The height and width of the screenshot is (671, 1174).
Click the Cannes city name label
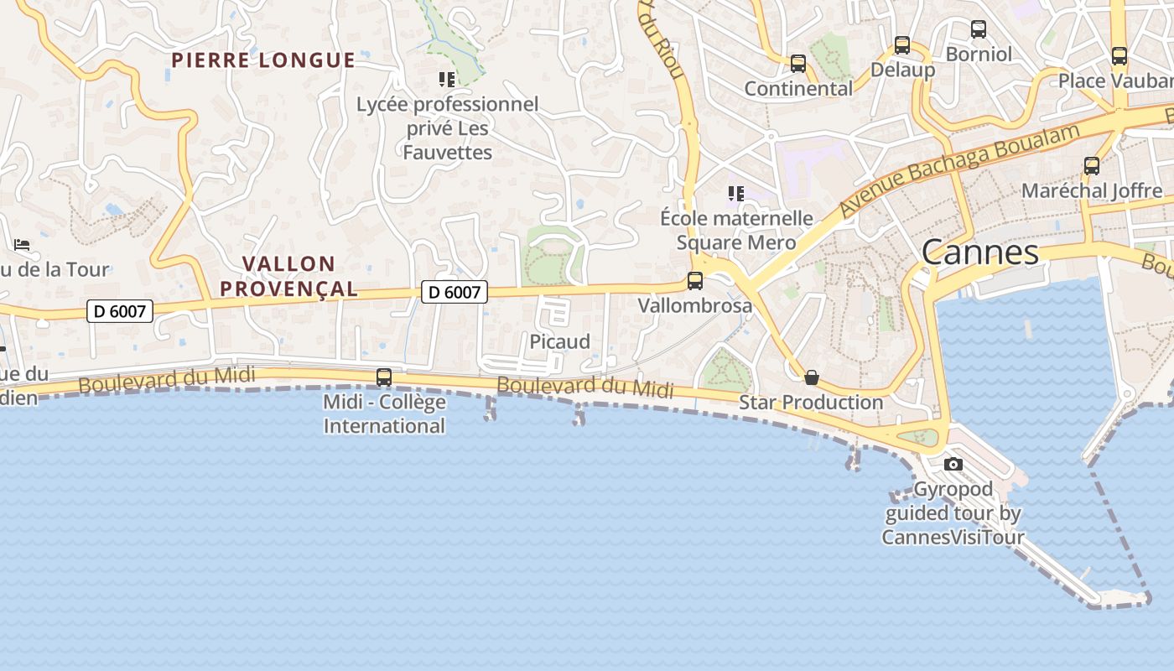(980, 252)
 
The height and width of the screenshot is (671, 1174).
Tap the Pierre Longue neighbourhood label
(263, 60)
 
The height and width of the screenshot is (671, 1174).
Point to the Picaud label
(559, 341)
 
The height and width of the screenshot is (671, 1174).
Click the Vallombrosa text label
(695, 305)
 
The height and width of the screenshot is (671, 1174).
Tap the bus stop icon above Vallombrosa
(695, 281)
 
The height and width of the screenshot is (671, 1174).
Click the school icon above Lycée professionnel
(447, 80)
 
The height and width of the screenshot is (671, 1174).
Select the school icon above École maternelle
(736, 195)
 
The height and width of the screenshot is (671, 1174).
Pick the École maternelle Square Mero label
(736, 231)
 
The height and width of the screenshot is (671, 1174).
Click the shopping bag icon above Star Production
(811, 377)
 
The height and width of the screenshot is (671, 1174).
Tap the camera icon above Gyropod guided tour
(953, 464)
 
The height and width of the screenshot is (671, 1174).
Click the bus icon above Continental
(798, 64)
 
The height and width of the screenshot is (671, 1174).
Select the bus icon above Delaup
(902, 45)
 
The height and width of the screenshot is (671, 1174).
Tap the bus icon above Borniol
(979, 29)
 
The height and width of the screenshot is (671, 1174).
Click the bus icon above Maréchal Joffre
(1092, 166)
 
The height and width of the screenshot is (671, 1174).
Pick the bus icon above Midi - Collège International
(384, 377)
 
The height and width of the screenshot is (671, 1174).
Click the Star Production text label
(811, 403)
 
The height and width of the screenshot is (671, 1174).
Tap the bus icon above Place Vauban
(1119, 56)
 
